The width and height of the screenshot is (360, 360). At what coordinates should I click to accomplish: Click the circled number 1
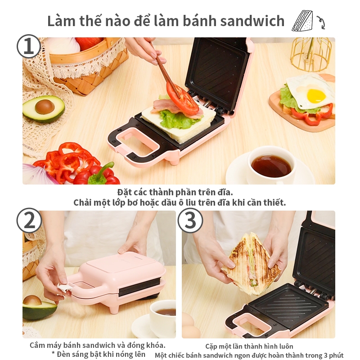click(29, 47)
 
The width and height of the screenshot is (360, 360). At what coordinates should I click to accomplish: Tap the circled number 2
click(29, 220)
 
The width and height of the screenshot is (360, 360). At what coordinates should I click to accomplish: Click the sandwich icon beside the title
click(302, 21)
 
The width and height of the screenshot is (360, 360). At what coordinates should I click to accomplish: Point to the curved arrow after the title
click(320, 22)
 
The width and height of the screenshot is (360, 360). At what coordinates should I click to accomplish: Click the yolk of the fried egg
click(316, 95)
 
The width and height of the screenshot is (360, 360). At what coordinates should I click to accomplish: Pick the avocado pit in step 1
click(45, 107)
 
